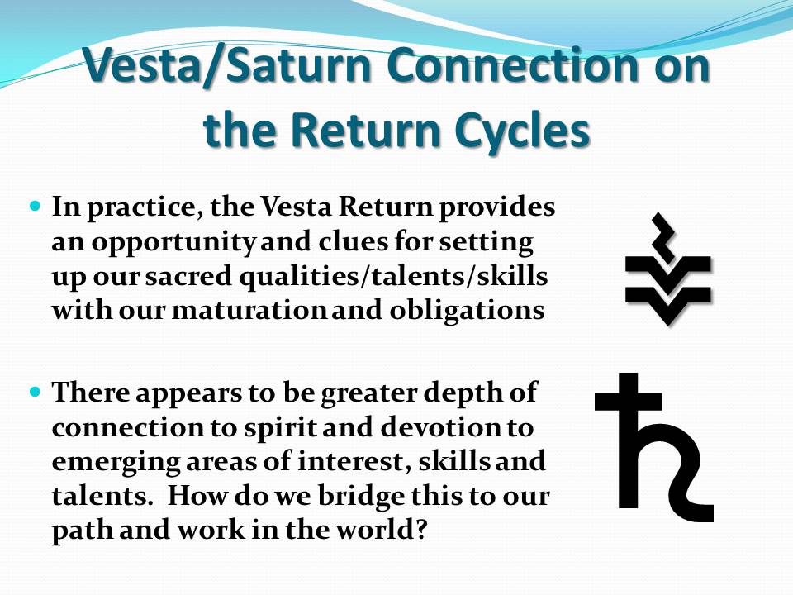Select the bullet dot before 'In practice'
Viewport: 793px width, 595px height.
pyautogui.click(x=36, y=207)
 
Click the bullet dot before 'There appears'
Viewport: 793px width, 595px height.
pyautogui.click(x=36, y=392)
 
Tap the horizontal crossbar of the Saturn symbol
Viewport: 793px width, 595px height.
pyautogui.click(x=628, y=400)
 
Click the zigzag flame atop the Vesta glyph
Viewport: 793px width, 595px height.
pyautogui.click(x=663, y=236)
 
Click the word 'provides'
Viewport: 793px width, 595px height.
pyautogui.click(x=497, y=208)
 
